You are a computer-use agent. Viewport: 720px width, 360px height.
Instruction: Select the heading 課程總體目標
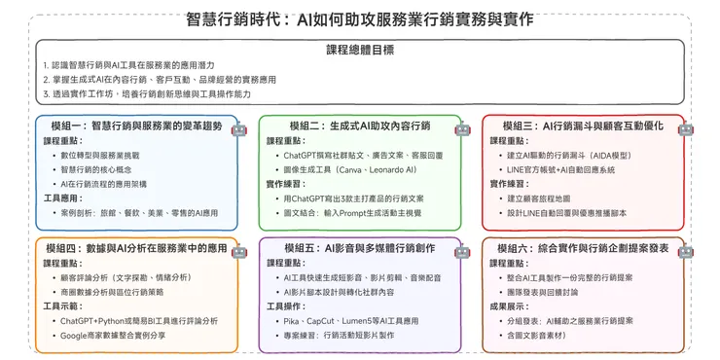[360, 50]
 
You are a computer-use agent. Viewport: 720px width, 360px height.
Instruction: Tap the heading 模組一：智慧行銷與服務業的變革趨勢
[135, 126]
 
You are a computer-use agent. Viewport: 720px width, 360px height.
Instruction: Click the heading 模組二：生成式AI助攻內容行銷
[360, 126]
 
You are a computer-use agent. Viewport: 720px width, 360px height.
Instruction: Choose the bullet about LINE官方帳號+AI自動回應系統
[574, 169]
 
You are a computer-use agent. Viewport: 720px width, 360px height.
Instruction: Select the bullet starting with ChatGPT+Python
[139, 320]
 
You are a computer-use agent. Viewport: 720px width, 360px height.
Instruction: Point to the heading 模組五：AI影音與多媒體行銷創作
[360, 249]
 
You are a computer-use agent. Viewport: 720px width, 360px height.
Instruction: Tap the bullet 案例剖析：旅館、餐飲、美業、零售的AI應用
[140, 212]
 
